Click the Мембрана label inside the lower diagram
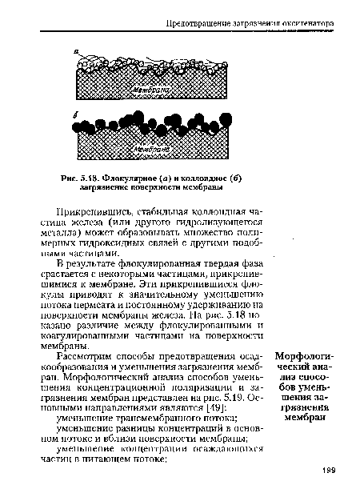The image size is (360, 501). (153, 149)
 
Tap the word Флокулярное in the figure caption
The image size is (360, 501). (134, 177)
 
